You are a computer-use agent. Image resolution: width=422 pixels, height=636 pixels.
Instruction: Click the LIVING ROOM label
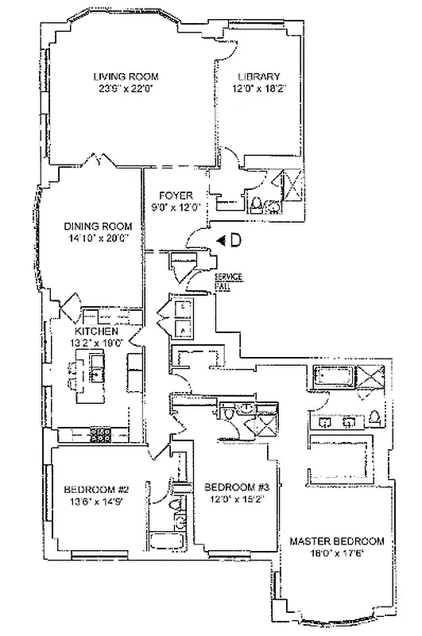coord(126,76)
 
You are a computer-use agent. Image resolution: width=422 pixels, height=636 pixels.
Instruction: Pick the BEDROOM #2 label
coord(96,489)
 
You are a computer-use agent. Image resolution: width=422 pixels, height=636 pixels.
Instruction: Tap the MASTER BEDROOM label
coord(337,541)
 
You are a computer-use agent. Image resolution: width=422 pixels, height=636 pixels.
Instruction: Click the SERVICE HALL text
coord(228,279)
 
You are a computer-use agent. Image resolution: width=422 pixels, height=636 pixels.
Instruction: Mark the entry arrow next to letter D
coord(222,238)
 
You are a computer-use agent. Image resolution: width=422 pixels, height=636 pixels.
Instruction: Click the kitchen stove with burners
coord(101,434)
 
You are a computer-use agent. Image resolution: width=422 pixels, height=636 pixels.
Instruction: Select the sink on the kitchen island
coord(98,367)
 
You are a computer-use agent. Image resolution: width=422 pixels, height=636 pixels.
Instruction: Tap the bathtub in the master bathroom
coord(333,377)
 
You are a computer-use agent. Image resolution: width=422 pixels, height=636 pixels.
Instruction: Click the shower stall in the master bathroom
coord(370,378)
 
